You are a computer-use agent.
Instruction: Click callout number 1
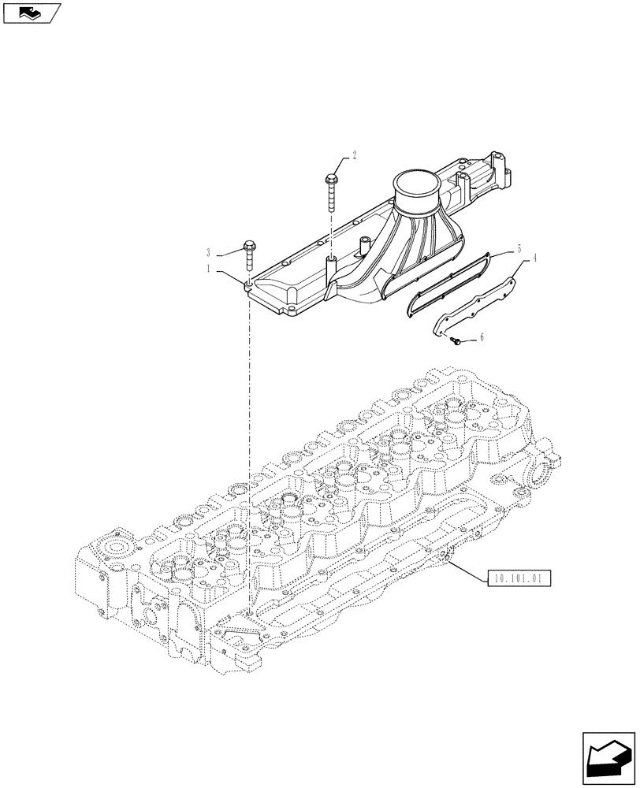[x=210, y=269]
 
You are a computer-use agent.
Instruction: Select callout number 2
[x=354, y=155]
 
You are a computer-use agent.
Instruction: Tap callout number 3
[x=209, y=253]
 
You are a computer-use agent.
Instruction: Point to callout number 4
[x=534, y=257]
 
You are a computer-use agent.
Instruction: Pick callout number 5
[x=519, y=248]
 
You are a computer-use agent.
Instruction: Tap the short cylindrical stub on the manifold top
[x=363, y=245]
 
